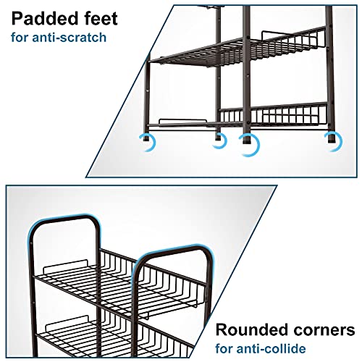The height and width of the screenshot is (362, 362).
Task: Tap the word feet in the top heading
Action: click(x=100, y=19)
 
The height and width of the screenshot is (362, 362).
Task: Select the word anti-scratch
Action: click(x=69, y=38)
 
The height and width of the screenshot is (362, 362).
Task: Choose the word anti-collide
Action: click(x=271, y=349)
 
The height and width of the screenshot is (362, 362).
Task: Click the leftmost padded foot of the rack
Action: click(x=146, y=138)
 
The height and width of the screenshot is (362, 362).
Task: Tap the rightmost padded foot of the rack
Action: click(x=331, y=138)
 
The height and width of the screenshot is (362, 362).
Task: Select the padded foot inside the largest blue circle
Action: click(x=247, y=140)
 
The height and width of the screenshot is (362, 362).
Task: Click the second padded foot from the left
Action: click(x=218, y=138)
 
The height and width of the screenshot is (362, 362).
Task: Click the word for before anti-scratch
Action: click(x=20, y=38)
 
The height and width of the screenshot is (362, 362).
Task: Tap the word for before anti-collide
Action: click(x=224, y=349)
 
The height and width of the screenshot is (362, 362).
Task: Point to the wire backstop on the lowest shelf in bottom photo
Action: click(x=67, y=321)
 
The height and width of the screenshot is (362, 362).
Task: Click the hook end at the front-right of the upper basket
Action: click(x=195, y=306)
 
